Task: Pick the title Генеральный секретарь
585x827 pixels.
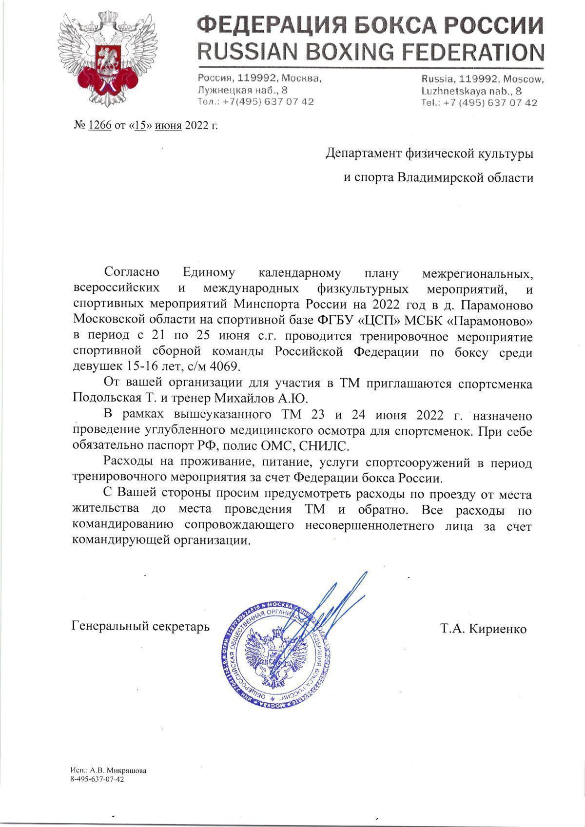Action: tap(140, 626)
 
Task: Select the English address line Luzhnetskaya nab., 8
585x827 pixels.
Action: tap(471, 91)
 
